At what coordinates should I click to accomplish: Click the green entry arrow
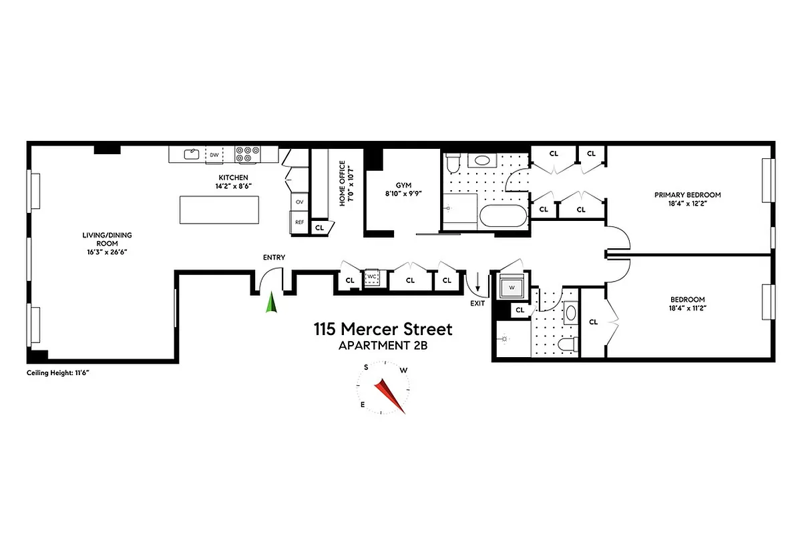pos(271,303)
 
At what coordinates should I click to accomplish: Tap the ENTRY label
pos(274,258)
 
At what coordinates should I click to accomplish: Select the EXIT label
pos(477,303)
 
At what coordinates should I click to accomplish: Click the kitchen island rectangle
pos(219,210)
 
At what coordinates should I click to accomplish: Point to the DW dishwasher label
pos(214,155)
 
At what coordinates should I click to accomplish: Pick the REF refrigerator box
pos(299,222)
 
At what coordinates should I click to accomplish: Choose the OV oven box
pos(299,201)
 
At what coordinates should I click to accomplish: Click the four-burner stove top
pos(246,154)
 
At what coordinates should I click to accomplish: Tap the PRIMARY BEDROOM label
pos(687,195)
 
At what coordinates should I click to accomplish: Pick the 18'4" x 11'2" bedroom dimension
pos(687,308)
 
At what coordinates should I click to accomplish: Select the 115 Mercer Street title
pos(383,329)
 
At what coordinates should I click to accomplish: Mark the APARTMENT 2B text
pos(383,345)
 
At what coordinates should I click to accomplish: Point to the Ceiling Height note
pos(58,372)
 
